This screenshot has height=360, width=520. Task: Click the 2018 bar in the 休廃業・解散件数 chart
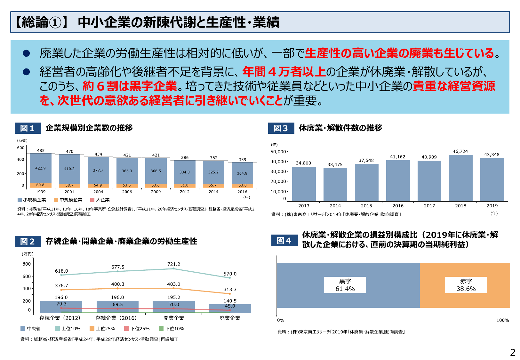[460, 178]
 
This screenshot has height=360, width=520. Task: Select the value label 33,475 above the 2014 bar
[335, 164]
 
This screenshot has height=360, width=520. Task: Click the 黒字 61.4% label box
[345, 285]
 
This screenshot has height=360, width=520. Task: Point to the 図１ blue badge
[28, 128]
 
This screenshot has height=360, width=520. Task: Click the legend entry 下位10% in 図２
[172, 329]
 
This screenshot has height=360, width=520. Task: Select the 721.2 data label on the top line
[174, 264]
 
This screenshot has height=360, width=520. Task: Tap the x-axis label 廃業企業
[230, 318]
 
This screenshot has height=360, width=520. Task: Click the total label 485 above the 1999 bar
[41, 150]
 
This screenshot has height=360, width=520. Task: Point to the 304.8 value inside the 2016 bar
[242, 173]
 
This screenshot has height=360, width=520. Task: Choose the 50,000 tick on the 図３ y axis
[278, 152]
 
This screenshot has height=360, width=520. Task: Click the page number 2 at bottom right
[513, 352]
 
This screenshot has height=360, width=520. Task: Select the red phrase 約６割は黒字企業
[130, 86]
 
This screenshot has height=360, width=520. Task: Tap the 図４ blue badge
[284, 240]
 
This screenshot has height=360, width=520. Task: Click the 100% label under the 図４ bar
[502, 320]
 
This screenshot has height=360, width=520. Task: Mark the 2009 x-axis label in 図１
[156, 192]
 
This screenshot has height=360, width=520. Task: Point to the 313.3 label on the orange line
[230, 290]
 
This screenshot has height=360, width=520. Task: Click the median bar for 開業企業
[174, 307]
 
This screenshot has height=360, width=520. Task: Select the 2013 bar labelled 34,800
[304, 184]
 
